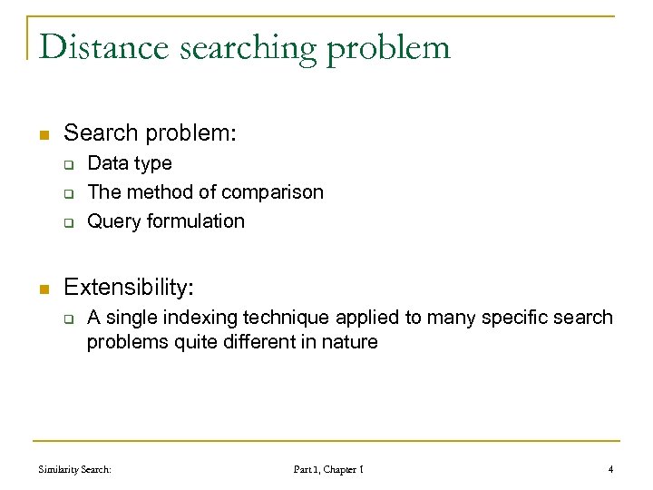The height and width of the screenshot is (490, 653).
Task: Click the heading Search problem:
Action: tap(150, 133)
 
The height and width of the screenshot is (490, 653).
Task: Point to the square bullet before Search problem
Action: tap(42, 135)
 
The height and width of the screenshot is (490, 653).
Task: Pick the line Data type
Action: tap(129, 164)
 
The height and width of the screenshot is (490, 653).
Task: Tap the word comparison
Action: tap(277, 192)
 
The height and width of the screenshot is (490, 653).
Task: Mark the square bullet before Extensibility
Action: tap(42, 290)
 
